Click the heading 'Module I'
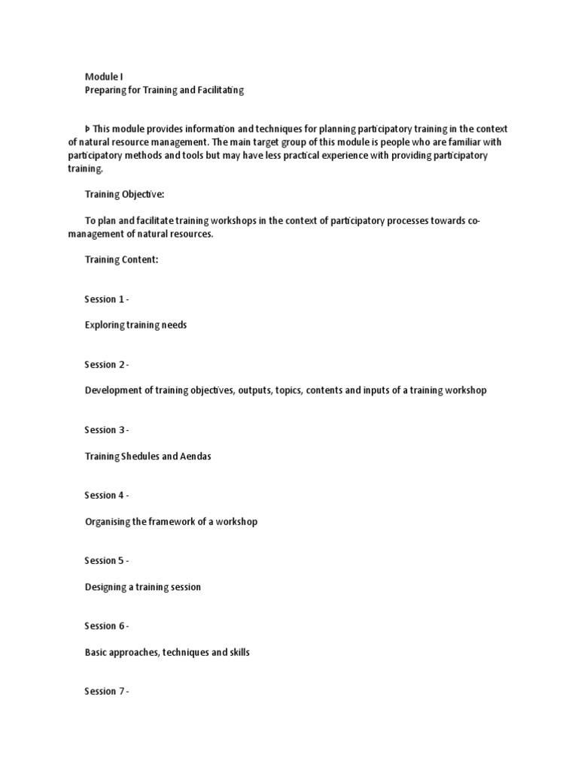(103, 77)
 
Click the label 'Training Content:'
(121, 260)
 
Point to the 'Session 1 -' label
(106, 299)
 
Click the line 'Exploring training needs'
(135, 326)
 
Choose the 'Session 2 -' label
(106, 365)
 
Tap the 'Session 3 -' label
(106, 430)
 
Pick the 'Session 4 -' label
(106, 496)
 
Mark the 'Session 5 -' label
(106, 561)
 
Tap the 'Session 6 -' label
(106, 626)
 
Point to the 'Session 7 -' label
(106, 692)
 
